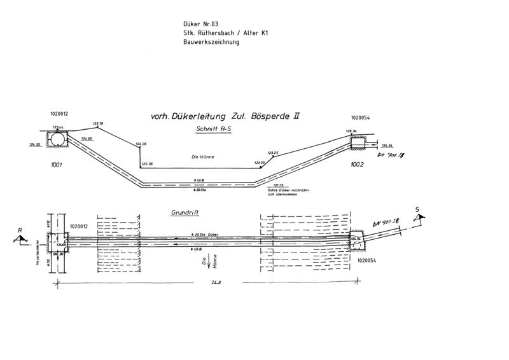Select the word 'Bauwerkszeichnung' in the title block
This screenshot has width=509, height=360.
coord(210,42)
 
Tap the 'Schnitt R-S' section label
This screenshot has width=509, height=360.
coord(216,128)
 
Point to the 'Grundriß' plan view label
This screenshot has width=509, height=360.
coord(185,214)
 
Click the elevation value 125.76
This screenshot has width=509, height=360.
coord(97,123)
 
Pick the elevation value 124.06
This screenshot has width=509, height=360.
coord(141,145)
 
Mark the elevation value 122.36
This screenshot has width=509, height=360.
coord(147,163)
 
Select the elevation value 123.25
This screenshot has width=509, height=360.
coord(273,153)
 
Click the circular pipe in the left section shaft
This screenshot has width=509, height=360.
coord(58,139)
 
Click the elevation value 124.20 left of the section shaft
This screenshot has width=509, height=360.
coord(34,145)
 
